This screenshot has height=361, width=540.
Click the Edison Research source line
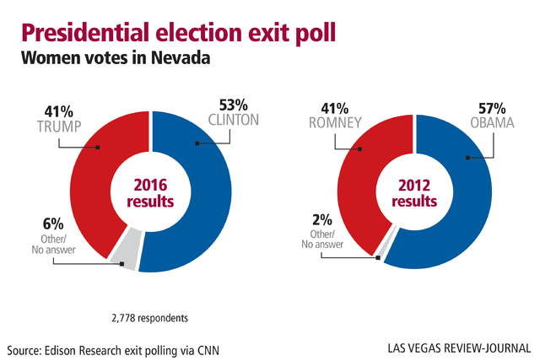[x=119, y=348]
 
